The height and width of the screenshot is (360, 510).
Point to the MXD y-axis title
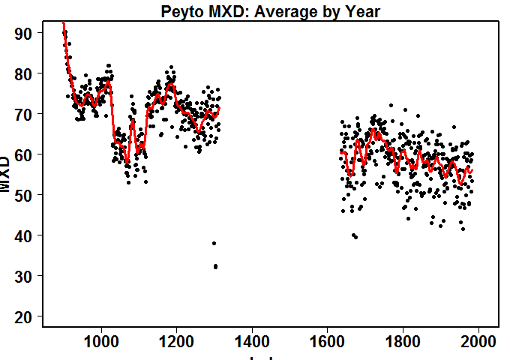click(7, 175)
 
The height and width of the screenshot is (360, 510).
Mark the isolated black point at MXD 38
click(214, 243)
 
